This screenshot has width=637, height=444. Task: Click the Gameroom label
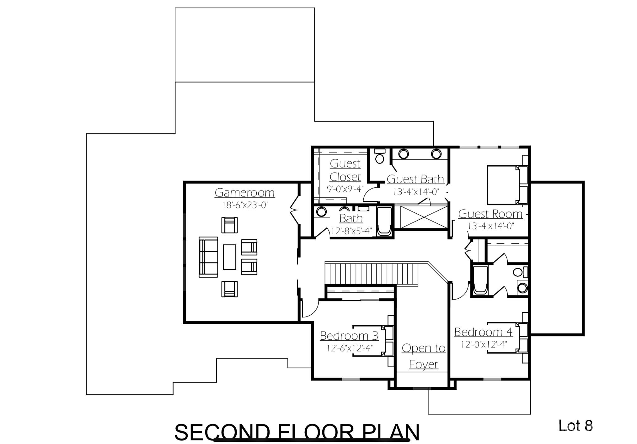point(244,192)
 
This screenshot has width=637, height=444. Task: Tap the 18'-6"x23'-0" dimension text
point(245,205)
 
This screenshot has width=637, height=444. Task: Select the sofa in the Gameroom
point(208,257)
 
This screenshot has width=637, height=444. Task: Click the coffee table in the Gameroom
point(229,257)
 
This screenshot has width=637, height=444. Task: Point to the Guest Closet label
point(345,170)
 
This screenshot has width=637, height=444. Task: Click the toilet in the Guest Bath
point(380,156)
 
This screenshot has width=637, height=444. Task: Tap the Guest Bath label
point(415,179)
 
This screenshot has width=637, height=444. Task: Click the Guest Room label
point(490,214)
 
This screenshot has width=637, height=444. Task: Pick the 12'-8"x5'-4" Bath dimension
point(351,231)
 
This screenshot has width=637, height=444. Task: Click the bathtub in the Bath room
point(384,221)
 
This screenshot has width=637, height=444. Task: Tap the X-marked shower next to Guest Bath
point(424,217)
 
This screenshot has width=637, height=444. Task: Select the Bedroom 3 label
point(349,336)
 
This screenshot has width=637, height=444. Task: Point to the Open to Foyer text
point(423,356)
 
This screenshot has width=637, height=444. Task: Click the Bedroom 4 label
point(483,332)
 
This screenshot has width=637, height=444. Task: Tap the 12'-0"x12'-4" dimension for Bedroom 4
point(484,344)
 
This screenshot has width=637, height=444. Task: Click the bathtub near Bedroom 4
point(480,280)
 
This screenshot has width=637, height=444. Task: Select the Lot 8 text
point(575,426)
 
